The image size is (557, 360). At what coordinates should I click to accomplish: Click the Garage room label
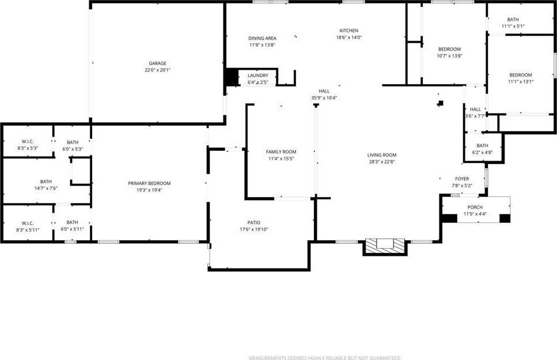coord(157,63)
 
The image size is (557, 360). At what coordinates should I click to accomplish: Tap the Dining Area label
coord(262,39)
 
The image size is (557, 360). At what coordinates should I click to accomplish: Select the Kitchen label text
coord(348,31)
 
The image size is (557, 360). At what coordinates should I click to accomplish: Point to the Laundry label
coord(257,76)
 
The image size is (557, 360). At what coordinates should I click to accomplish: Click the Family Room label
coord(281,152)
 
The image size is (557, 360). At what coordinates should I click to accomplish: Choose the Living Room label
coord(382,155)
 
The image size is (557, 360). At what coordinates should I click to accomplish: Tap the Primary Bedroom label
coord(149,183)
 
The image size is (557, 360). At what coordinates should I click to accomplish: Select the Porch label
coord(475,207)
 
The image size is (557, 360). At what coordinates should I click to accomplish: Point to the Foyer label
coord(462,179)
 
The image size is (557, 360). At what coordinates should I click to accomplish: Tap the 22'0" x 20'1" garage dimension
coord(157,70)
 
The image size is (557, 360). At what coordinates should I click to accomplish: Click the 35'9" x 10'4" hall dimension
coord(324,98)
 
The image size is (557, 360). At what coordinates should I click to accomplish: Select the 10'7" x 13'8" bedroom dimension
coord(450,56)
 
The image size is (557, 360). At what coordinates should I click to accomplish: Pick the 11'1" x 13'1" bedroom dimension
coord(520,82)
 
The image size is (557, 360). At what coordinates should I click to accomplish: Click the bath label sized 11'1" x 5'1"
coord(513,19)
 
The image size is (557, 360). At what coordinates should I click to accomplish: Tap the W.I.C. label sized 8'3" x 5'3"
coord(28,142)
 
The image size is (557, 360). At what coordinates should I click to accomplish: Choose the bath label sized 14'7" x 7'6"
coord(46,181)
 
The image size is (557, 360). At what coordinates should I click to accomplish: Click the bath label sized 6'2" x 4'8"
coord(482,146)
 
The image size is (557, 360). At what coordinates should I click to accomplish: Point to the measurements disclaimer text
coord(325,358)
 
